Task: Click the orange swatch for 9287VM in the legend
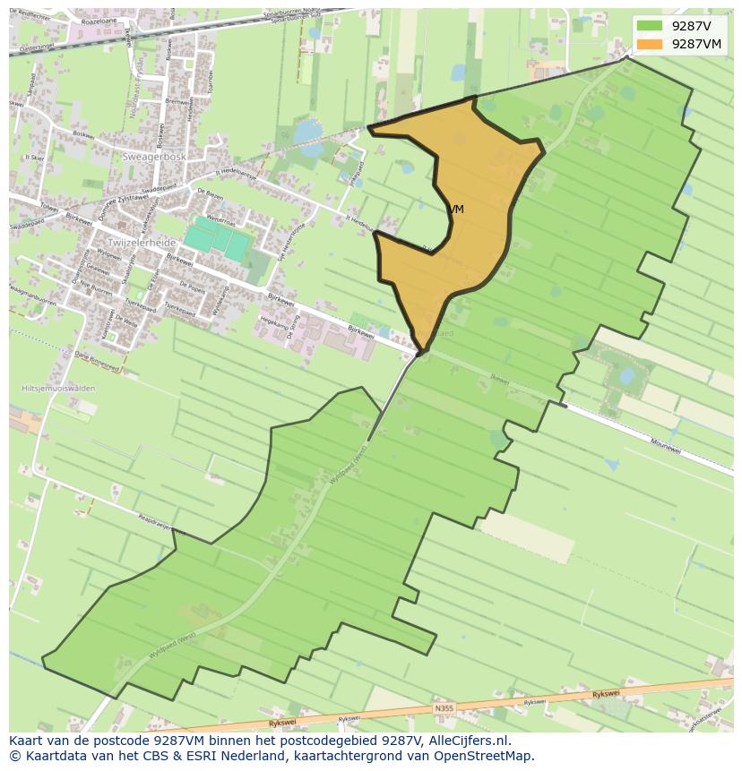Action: [650, 43]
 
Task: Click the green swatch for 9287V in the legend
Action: [650, 26]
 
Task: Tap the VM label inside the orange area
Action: [456, 210]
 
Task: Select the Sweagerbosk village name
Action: [154, 157]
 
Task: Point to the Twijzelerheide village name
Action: [142, 243]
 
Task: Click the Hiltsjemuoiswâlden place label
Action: [57, 389]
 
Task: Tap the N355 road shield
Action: [444, 708]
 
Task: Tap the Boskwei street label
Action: [82, 136]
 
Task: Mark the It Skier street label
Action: [35, 158]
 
